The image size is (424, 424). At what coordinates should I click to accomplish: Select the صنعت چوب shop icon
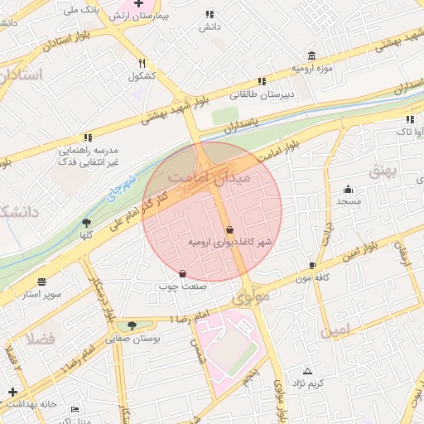(x=182, y=273)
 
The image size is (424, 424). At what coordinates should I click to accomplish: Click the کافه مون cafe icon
(x=311, y=266)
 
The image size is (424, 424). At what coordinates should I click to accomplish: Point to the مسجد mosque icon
(x=348, y=188)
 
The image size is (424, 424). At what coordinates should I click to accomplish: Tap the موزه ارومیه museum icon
(x=311, y=55)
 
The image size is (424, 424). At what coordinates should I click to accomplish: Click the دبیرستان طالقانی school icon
(x=262, y=81)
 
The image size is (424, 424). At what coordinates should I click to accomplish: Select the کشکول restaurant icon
(x=142, y=63)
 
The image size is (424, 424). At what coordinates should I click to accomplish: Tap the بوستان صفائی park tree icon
(x=132, y=325)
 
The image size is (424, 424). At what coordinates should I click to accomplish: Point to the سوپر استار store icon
(x=41, y=282)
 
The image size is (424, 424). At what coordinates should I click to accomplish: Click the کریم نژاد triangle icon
(x=308, y=370)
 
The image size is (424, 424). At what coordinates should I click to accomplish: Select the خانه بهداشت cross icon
(x=12, y=392)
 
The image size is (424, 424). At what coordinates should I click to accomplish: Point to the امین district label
(x=337, y=330)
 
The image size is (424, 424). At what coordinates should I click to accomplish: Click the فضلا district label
(x=39, y=338)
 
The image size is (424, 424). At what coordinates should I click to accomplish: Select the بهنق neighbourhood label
(x=384, y=170)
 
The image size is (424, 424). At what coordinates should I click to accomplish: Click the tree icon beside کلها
(x=87, y=222)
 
